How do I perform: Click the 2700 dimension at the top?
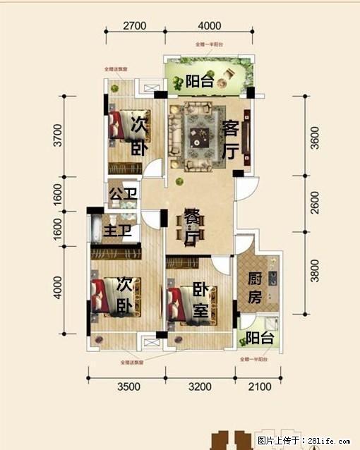click(x=134, y=26)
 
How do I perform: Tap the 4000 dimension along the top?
click(x=209, y=26)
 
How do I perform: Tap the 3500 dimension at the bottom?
click(x=129, y=387)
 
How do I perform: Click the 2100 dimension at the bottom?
click(x=259, y=387)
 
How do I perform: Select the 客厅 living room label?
click(x=230, y=140)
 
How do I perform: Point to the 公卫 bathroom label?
click(x=121, y=193)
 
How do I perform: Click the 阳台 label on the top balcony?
click(x=200, y=80)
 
